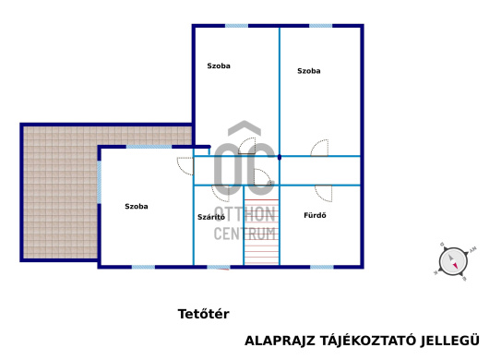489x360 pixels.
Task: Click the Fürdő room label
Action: click(315, 215)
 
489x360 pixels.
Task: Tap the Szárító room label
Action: click(211, 217)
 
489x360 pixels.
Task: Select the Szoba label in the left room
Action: click(137, 206)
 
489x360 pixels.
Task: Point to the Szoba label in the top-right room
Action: click(309, 71)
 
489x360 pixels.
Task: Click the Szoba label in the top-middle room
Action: click(219, 66)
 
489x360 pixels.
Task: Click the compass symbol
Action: click(453, 261)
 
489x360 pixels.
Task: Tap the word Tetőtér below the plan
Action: click(203, 314)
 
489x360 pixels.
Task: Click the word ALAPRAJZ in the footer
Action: click(280, 341)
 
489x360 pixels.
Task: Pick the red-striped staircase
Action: click(262, 232)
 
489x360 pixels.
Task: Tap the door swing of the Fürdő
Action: click(324, 194)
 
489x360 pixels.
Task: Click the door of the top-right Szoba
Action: click(319, 148)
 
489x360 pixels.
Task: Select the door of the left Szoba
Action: click(185, 166)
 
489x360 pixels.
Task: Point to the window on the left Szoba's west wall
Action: click(99, 182)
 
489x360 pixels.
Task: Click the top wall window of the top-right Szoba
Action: click(320, 26)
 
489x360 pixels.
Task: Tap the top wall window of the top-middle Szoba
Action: click(237, 26)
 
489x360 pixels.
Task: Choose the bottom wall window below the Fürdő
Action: click(321, 267)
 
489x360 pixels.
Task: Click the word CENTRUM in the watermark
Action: click(245, 234)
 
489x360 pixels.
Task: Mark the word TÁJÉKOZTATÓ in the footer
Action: click(367, 340)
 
